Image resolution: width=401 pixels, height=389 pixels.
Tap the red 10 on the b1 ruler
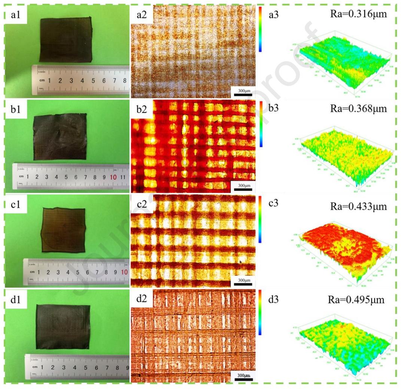(x=114, y=177)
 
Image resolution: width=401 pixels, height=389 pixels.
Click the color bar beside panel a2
(x=259, y=29)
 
